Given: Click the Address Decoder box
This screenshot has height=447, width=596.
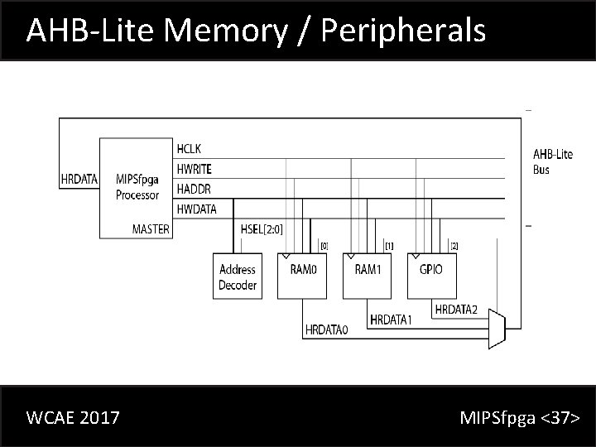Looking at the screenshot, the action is (238, 276).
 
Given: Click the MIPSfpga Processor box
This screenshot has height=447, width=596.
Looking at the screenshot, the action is (137, 187).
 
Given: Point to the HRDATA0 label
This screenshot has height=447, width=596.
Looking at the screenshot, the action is (328, 329).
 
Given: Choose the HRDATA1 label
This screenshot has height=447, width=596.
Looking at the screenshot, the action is (391, 320).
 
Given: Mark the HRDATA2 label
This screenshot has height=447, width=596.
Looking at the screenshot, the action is (456, 309).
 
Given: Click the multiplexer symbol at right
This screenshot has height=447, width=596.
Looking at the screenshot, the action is (497, 329).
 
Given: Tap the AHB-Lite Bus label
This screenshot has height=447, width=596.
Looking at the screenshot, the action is (552, 161).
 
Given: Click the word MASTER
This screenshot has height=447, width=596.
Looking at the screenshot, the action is (151, 228).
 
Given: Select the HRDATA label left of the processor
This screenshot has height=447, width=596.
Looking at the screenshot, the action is (79, 178).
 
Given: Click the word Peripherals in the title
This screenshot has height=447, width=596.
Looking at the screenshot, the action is (401, 31).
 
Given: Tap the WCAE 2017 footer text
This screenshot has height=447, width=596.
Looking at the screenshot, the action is (73, 417).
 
